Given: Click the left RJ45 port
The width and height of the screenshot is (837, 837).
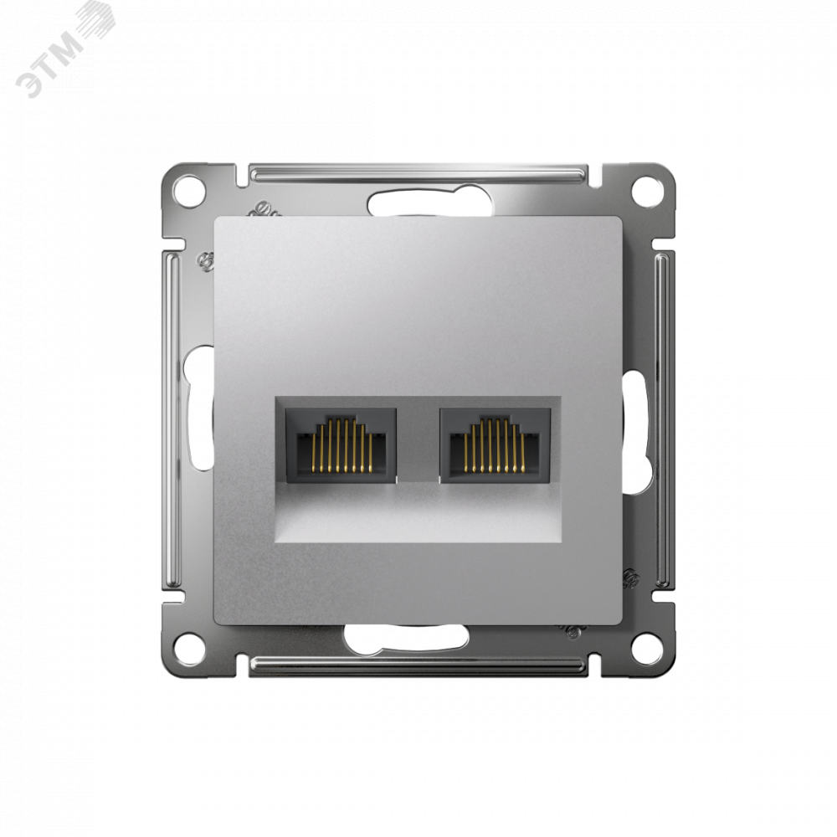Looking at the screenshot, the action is click(341, 446).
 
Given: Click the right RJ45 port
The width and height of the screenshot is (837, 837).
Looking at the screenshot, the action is click(496, 446).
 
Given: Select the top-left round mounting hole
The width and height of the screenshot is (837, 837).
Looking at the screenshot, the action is click(189, 190).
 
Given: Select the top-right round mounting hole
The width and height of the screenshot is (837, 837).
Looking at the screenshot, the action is click(647, 190).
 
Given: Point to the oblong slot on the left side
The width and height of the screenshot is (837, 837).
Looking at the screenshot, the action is click(198, 408).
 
